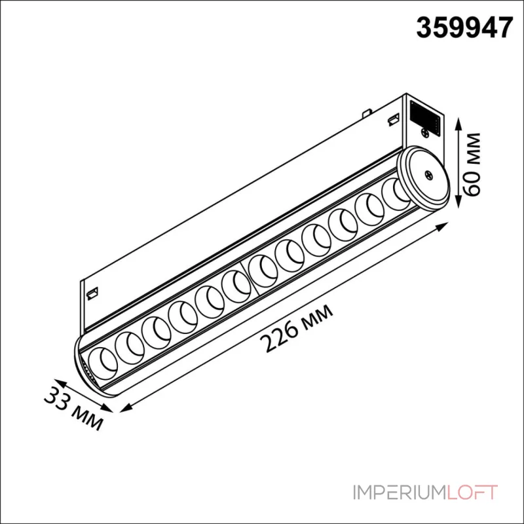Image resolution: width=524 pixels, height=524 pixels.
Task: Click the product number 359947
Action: [464, 28]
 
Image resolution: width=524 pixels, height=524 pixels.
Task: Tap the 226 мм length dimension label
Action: [297, 328]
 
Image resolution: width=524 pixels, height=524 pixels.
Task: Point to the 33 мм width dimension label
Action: [73, 408]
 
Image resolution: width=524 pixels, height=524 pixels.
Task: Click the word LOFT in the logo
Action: [472, 493]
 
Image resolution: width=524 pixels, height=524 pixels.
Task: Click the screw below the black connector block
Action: [425, 133]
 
